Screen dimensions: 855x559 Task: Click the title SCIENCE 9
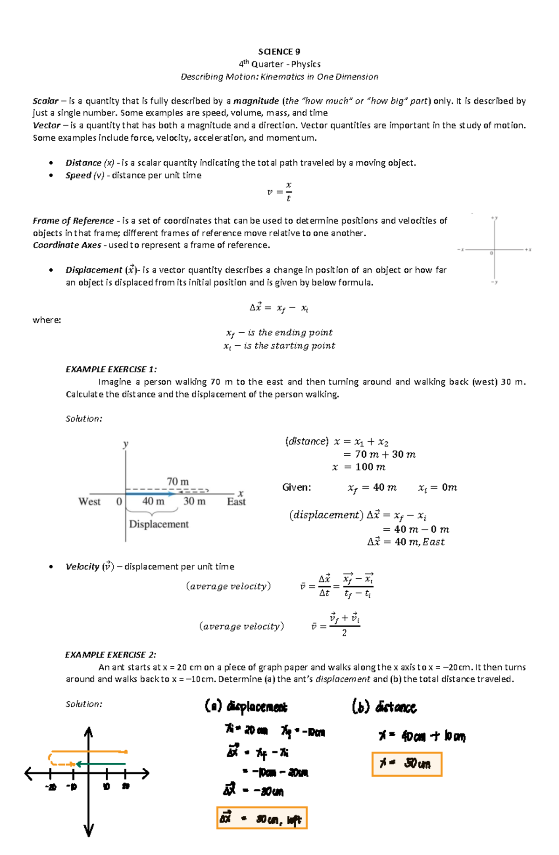click(279, 52)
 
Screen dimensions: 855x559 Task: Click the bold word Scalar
click(45, 101)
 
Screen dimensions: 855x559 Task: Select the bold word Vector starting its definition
click(46, 125)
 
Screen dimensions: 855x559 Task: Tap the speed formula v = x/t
click(279, 192)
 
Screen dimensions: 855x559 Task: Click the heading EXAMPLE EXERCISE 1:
click(111, 369)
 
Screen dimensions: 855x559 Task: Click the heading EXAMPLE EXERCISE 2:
click(110, 655)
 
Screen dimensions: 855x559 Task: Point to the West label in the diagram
click(89, 502)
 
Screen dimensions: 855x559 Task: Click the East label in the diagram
click(236, 502)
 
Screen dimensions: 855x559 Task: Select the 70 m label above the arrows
click(177, 481)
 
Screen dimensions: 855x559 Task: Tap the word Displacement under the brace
click(159, 524)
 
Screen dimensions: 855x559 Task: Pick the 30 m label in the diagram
click(194, 501)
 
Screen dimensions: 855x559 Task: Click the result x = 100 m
click(359, 467)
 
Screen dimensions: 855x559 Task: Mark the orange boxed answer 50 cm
click(406, 764)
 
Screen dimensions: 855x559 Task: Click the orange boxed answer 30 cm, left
click(262, 818)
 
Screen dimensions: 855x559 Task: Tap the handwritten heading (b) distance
click(384, 707)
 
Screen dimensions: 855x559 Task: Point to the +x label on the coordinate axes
click(528, 250)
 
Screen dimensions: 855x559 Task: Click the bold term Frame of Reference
click(73, 221)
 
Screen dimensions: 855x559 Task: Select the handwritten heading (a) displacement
click(246, 707)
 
